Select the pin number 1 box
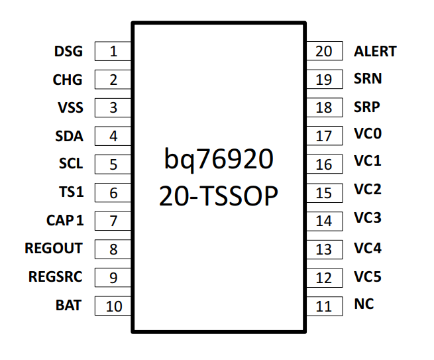click(113, 51)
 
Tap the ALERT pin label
click(375, 51)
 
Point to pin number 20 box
click(324, 51)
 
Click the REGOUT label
click(54, 249)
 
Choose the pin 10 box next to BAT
click(113, 306)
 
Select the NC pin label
click(364, 304)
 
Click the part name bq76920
click(219, 160)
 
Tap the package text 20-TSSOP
click(219, 196)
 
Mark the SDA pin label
click(69, 136)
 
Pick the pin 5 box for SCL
click(113, 164)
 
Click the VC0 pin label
click(368, 135)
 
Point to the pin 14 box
click(324, 221)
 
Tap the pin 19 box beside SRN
click(324, 80)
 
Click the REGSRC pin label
click(55, 276)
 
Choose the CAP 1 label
click(64, 220)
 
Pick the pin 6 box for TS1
click(113, 193)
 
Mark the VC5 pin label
click(368, 276)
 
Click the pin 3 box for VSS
click(113, 108)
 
